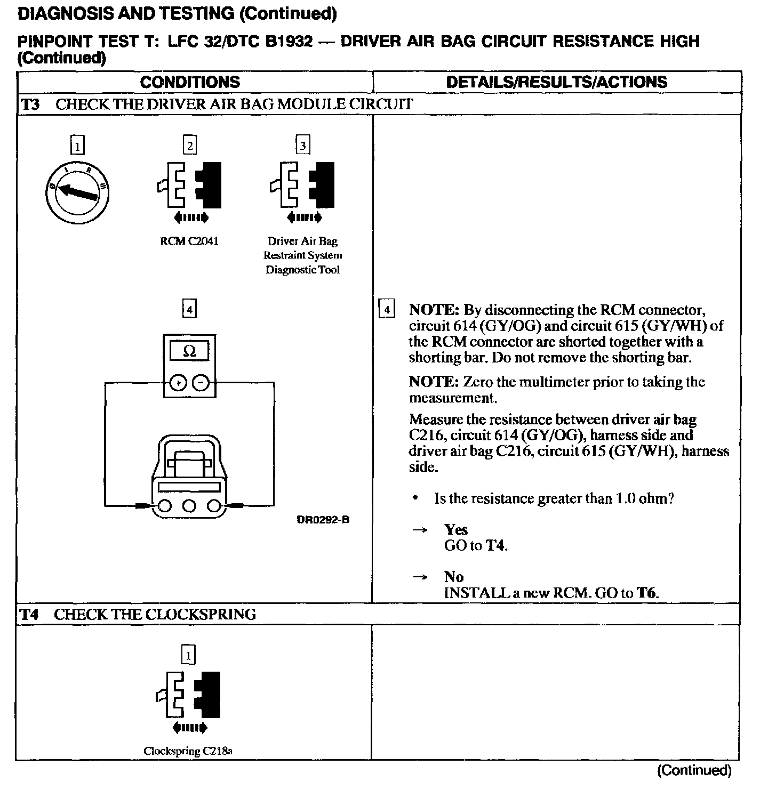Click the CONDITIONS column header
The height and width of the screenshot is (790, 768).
pos(190,82)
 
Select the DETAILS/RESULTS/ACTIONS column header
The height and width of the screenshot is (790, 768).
pos(556,82)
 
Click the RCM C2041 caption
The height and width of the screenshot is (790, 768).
pos(189,241)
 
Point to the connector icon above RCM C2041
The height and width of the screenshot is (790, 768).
pos(190,184)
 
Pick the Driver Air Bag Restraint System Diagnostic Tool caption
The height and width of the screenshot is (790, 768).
pos(303,255)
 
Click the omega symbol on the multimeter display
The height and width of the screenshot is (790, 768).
pos(189,351)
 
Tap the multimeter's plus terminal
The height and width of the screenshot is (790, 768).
pos(178,383)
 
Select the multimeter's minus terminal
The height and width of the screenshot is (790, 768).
pos(201,383)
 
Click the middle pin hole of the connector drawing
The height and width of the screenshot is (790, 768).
pos(189,505)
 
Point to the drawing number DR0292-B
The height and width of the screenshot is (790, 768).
pos(323,520)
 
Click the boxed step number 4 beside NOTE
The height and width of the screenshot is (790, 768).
pos(387,309)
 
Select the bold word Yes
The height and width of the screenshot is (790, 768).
pos(455,529)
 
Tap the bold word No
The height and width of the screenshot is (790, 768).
pos(454,577)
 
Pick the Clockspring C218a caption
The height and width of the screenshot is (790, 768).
pos(188,751)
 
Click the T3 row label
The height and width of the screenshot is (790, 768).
pos(30,104)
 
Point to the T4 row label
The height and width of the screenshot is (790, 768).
pos(30,614)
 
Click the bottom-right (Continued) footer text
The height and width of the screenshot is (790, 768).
pos(694,770)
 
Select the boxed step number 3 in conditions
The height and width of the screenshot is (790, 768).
pos(303,146)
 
